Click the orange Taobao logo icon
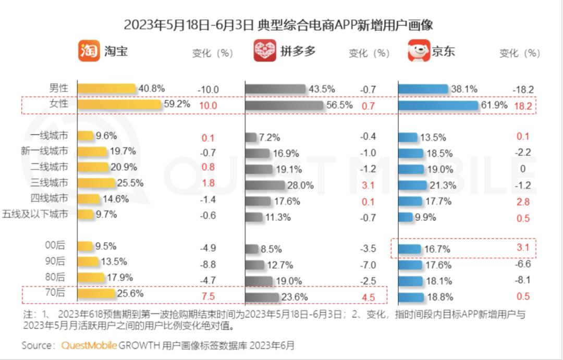coord(89,51)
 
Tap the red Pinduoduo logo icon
coord(265,51)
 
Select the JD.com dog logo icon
coord(419,51)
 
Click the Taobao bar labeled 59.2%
coord(119,105)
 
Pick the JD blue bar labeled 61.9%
coord(438,106)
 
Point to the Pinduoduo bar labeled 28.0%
coord(265,185)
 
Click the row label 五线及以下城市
coord(35,214)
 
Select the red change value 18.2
coord(523,106)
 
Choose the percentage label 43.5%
coord(322,89)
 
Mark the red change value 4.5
coord(368,297)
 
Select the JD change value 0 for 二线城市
coord(523,169)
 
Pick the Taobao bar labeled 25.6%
coord(96,294)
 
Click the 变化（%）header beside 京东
coord(520,53)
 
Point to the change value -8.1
coord(523,280)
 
